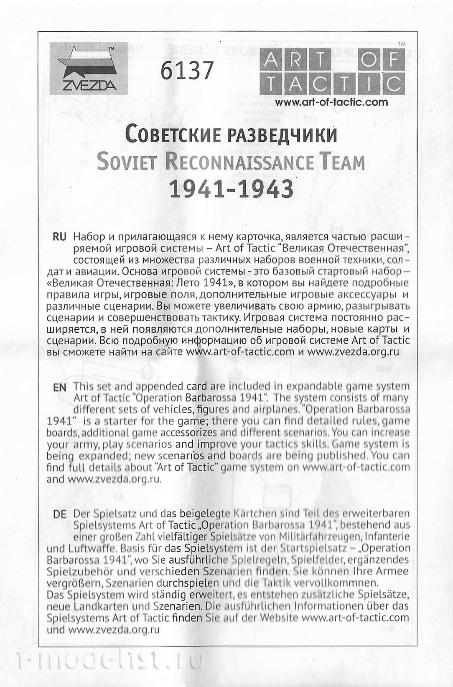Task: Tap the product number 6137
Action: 187,70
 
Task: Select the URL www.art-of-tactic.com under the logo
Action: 331,102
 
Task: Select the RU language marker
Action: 60,237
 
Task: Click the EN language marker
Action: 60,387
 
